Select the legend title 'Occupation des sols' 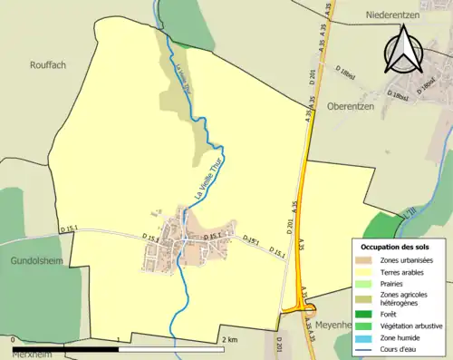click(x=398, y=247)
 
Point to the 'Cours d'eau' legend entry click(x=402, y=348)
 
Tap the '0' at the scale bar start click(x=14, y=340)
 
